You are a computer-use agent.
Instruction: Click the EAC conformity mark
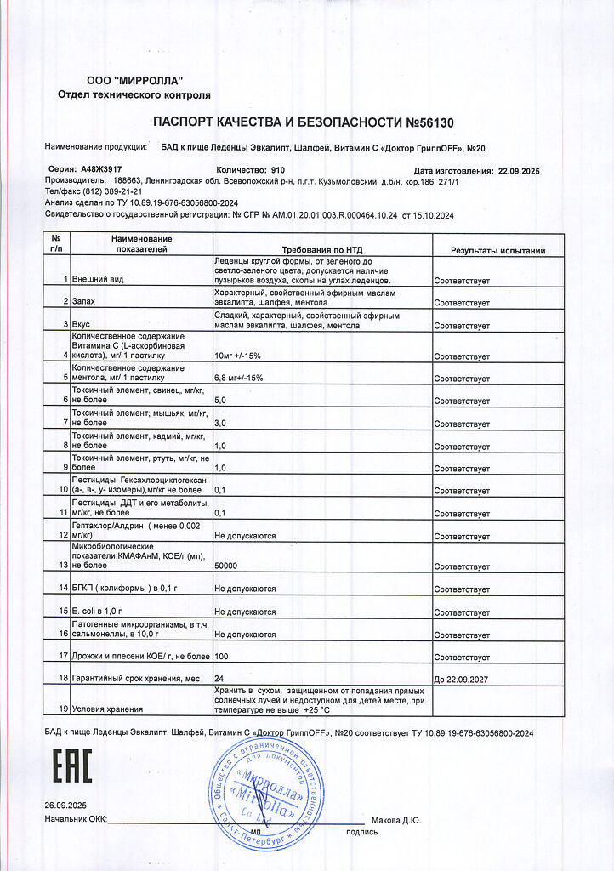pos(73,766)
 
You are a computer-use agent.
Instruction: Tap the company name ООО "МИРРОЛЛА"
pos(134,80)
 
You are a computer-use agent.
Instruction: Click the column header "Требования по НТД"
pos(322,251)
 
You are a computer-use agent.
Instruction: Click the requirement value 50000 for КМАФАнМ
pos(226,566)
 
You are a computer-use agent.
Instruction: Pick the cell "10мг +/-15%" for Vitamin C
pos(239,355)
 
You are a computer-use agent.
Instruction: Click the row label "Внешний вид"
pos(99,280)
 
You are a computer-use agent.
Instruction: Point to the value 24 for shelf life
pos(219,677)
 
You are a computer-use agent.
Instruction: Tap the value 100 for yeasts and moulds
pos(222,656)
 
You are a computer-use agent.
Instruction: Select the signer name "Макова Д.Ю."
pos(396,821)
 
